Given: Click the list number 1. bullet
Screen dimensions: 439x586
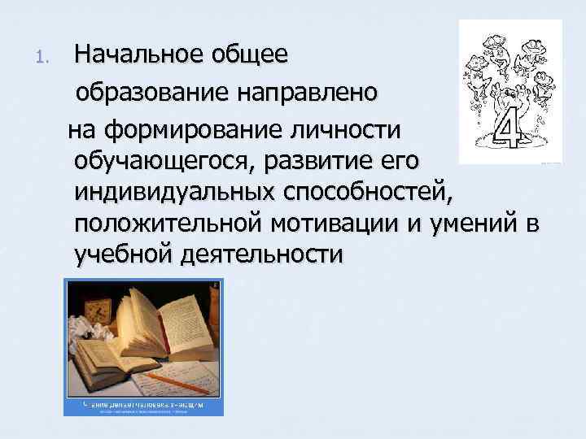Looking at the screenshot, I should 45,58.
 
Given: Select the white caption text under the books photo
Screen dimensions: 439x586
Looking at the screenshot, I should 143,403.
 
